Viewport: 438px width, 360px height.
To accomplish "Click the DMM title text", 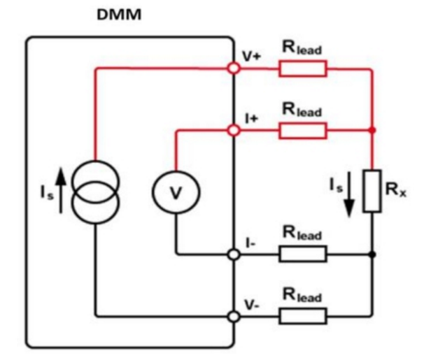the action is coord(119,15).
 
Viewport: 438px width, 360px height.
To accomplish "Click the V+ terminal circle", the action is coord(234,68).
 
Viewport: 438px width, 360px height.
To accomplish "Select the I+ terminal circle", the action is coord(234,130).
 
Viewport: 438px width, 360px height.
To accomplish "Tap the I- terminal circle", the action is coord(234,254).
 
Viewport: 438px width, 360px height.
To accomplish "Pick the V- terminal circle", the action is coord(234,317).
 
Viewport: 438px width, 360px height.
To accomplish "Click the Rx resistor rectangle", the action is coord(372,191).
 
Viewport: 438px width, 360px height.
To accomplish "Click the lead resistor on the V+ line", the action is coord(303,69).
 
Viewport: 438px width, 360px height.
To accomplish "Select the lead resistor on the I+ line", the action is coord(303,131).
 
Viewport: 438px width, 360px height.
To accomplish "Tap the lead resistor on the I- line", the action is coord(303,254).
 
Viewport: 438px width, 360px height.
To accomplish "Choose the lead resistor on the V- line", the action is coord(303,316).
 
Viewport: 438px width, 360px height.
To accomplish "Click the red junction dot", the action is coord(372,130).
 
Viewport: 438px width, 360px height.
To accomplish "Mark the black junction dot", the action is coord(372,254).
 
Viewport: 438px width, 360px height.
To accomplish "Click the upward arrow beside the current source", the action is coord(61,190).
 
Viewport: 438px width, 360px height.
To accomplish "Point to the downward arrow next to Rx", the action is coord(349,194).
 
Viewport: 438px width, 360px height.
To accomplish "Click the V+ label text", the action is coord(251,57).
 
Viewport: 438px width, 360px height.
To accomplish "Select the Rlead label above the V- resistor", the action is coord(302,295).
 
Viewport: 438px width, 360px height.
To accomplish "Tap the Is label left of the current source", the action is coord(46,192).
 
